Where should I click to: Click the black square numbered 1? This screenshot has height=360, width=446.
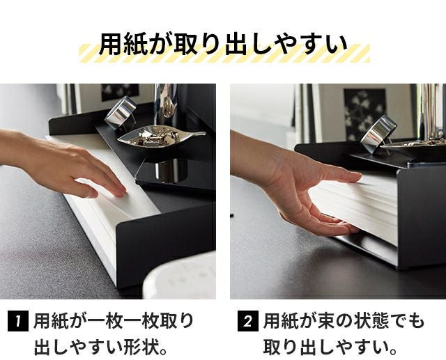tap(18, 322)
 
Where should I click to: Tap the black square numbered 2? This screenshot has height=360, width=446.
tap(248, 322)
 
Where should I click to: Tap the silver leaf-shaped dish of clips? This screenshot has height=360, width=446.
tap(161, 136)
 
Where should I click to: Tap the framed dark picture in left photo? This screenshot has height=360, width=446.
tap(120, 92)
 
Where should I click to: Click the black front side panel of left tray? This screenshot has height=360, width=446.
tap(165, 244)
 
